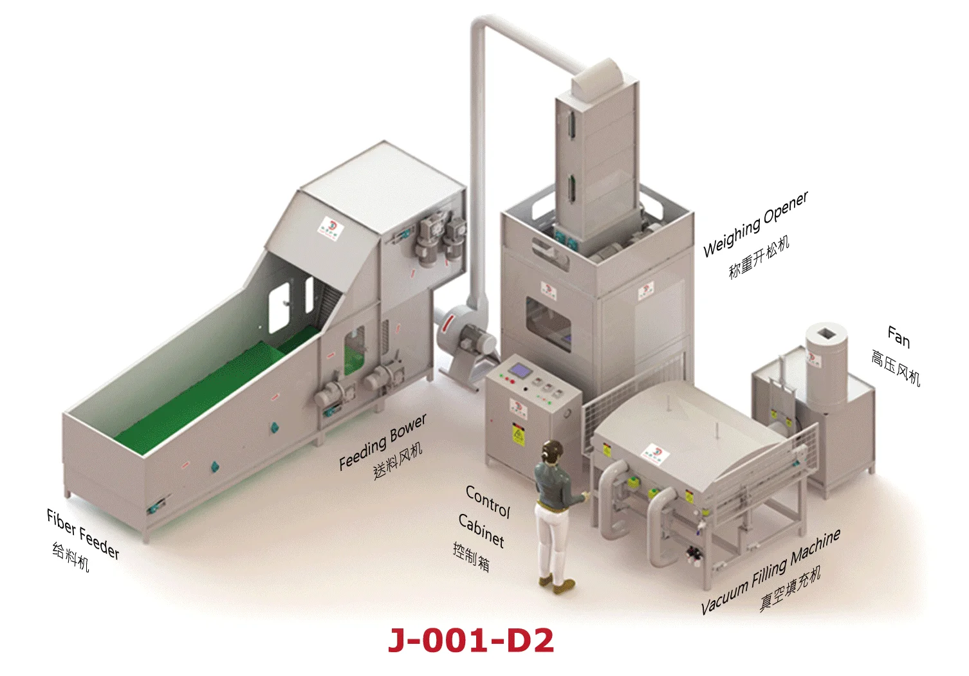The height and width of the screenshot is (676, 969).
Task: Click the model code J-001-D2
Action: pos(471,641)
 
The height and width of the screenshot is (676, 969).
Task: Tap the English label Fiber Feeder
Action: pos(83,534)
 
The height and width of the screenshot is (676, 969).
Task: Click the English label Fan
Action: pos(898,336)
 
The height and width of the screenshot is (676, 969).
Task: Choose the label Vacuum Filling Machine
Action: pos(770,571)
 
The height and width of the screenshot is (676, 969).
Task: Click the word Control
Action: pos(488,502)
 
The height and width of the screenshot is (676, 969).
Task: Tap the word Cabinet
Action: pos(481,530)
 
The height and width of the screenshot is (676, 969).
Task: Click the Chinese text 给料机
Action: pos(70,557)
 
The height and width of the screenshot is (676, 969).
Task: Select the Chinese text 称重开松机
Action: pos(759,257)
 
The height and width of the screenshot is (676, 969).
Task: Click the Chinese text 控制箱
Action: pos(472,558)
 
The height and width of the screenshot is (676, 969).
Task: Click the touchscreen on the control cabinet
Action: pos(518,370)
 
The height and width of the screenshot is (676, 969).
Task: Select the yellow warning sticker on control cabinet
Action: pos(518,435)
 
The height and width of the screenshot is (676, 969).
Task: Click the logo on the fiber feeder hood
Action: pos(329,226)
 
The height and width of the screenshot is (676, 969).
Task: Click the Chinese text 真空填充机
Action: pos(790,589)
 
